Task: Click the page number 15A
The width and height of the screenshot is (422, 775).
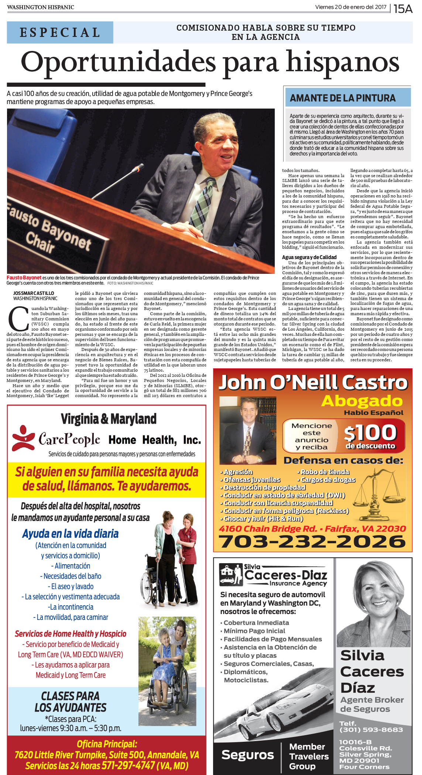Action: [x=403, y=8]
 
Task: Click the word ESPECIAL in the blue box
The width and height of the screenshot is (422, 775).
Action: [x=60, y=32]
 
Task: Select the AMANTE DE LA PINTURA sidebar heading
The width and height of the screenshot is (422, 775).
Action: [x=343, y=98]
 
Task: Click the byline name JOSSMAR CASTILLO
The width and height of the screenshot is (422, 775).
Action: [x=34, y=293]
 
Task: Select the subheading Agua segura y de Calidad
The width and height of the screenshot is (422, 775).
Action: [x=309, y=257]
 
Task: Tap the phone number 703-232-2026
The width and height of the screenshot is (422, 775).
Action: [x=312, y=541]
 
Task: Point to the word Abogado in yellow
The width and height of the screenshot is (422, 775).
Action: [x=362, y=401]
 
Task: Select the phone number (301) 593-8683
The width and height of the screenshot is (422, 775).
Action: [x=371, y=730]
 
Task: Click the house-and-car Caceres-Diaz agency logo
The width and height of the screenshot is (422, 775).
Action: [x=231, y=574]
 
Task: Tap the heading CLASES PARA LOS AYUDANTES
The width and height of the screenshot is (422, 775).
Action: [x=70, y=702]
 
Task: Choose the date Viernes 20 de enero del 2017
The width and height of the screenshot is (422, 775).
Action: [x=351, y=7]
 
